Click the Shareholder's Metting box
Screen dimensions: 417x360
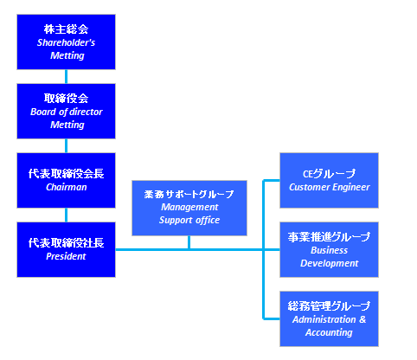(66, 42)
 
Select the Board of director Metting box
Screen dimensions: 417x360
(66, 111)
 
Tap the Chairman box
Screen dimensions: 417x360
(66, 180)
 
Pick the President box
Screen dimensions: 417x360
(66, 249)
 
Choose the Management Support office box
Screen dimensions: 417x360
(189, 208)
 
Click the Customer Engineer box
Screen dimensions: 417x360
(329, 180)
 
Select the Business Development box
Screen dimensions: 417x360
(329, 249)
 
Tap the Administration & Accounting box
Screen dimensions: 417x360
(329, 318)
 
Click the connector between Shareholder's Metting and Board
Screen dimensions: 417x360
(66, 77)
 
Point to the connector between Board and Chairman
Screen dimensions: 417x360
(66, 146)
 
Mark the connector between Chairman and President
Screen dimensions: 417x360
(66, 215)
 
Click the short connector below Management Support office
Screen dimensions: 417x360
(189, 242)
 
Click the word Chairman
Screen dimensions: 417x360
(67, 187)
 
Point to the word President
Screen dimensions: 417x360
(66, 256)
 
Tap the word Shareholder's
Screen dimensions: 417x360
(66, 42)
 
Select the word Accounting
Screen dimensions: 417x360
(329, 332)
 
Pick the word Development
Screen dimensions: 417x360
(330, 263)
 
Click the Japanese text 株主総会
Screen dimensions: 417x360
(66, 29)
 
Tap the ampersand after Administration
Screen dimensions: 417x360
(362, 319)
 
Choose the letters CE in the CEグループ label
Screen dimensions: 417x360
(308, 174)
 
